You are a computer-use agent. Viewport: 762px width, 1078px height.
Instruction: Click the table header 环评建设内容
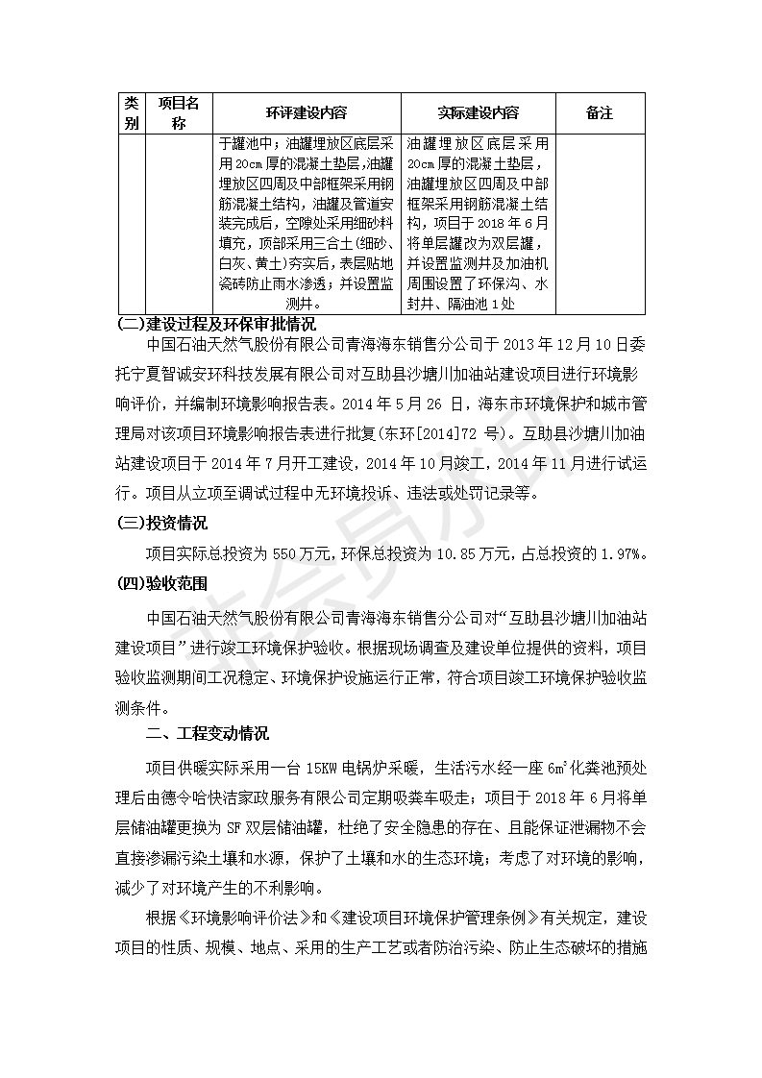point(307,113)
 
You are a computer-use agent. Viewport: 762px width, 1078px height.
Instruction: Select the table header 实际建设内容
point(478,113)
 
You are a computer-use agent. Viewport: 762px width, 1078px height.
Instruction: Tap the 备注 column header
point(599,113)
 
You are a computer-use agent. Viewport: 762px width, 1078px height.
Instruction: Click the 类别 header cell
point(132,113)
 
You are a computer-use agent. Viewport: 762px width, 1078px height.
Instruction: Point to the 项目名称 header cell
point(179,113)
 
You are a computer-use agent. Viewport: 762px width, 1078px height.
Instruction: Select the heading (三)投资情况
point(161,524)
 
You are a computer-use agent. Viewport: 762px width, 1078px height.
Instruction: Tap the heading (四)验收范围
point(161,583)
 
